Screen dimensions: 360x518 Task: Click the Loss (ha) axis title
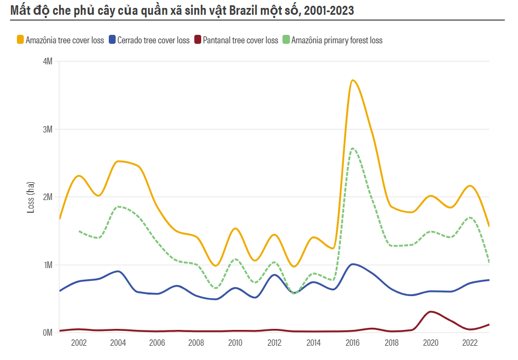(x=31, y=197)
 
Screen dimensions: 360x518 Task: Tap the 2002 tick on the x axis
(x=79, y=343)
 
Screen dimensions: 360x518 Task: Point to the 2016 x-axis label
(x=352, y=343)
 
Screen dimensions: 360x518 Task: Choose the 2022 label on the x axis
(x=470, y=343)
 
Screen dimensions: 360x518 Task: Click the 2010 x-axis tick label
(x=235, y=343)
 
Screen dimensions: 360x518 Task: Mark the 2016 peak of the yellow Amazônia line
(x=353, y=80)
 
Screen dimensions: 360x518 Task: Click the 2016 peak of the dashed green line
(x=353, y=148)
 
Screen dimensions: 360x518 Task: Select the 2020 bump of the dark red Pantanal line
(x=431, y=311)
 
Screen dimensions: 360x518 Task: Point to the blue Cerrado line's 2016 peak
(x=353, y=264)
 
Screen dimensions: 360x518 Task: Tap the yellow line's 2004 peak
(x=119, y=161)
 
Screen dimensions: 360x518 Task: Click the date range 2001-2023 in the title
(x=327, y=10)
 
